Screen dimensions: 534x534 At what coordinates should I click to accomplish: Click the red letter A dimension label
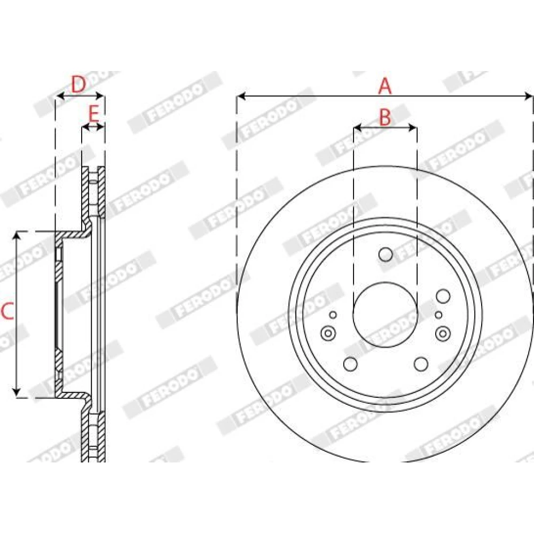click(385, 86)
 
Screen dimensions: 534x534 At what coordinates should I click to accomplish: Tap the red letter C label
click(7, 311)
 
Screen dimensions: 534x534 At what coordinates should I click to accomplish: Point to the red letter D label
click(78, 84)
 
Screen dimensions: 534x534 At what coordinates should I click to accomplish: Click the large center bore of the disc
click(385, 315)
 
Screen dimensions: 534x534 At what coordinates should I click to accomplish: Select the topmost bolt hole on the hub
click(386, 254)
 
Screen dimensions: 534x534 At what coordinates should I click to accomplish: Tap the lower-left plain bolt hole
click(350, 364)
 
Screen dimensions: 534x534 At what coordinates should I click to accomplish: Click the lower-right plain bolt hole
click(421, 364)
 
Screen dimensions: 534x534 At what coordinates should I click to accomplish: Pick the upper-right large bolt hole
click(443, 296)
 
